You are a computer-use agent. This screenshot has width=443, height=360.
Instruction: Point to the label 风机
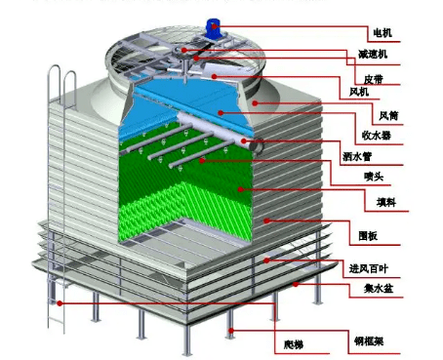359,92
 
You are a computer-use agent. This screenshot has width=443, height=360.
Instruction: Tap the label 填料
372,204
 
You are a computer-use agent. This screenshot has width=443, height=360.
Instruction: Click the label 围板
368,236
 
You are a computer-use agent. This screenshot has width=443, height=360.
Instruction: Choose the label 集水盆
366,290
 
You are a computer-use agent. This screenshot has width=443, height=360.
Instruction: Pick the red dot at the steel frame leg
230,331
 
